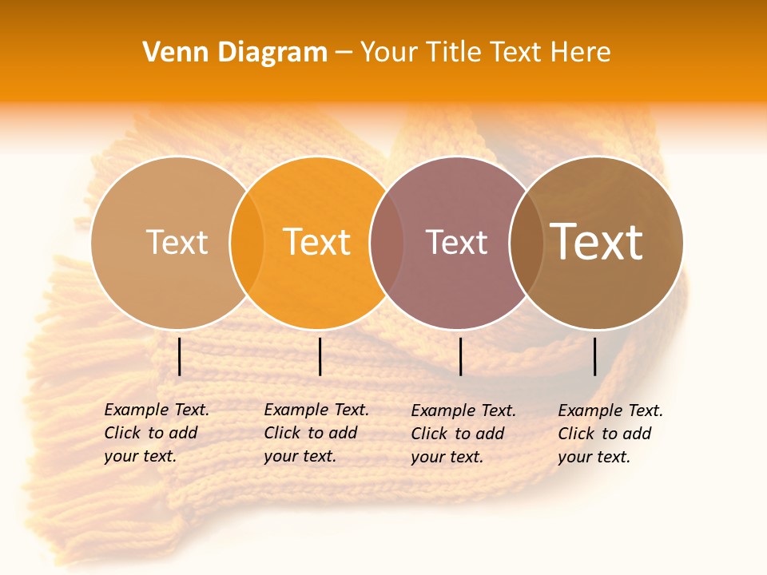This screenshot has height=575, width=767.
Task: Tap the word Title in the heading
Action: pyautogui.click(x=452, y=53)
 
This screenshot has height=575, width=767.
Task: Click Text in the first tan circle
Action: pyautogui.click(x=177, y=242)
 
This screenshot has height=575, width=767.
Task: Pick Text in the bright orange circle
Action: pyautogui.click(x=316, y=242)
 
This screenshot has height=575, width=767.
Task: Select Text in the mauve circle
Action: pyautogui.click(x=456, y=242)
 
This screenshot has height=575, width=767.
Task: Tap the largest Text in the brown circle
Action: pyautogui.click(x=596, y=242)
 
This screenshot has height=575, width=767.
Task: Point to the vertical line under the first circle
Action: pyautogui.click(x=180, y=356)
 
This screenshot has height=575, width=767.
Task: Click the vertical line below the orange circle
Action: pyautogui.click(x=320, y=356)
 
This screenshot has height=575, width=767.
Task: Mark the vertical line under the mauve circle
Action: pyautogui.click(x=461, y=356)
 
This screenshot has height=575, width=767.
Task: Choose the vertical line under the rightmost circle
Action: pyautogui.click(x=595, y=356)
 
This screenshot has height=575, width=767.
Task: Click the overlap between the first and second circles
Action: pyautogui.click(x=247, y=242)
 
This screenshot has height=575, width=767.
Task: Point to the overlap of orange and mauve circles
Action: pyautogui.click(x=387, y=242)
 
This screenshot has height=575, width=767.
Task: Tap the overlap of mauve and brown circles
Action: pyautogui.click(x=526, y=242)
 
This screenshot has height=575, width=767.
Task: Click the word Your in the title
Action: pyautogui.click(x=390, y=53)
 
